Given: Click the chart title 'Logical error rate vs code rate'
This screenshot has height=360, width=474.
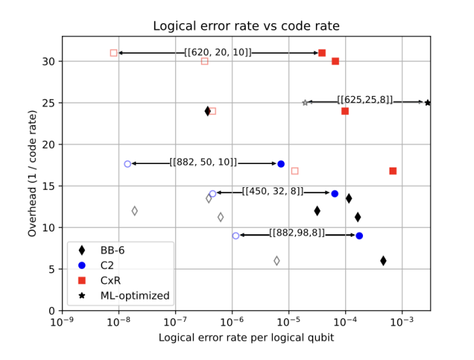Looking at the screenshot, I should click(246, 27).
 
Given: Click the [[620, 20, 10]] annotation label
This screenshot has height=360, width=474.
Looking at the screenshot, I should click(218, 52).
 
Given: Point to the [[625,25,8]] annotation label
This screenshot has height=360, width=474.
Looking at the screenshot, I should click(365, 101).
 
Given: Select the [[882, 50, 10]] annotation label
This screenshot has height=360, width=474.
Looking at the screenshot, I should click(204, 163).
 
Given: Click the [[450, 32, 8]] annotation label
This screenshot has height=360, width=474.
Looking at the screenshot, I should click(272, 192).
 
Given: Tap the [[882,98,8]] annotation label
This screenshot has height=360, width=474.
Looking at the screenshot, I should click(297, 233).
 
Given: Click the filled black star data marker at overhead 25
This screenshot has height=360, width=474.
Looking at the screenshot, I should click(428, 103).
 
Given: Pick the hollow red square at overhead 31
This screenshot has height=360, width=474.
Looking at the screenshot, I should click(114, 53).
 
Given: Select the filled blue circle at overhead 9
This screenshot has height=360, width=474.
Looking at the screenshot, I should click(359, 235).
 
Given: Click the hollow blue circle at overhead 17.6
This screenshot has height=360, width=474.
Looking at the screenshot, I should click(127, 164).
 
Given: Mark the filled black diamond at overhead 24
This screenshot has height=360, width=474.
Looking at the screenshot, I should click(208, 111).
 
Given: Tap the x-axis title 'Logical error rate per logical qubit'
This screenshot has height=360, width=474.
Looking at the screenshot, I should click(246, 338).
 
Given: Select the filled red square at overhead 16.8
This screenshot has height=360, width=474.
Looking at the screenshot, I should click(393, 171).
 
